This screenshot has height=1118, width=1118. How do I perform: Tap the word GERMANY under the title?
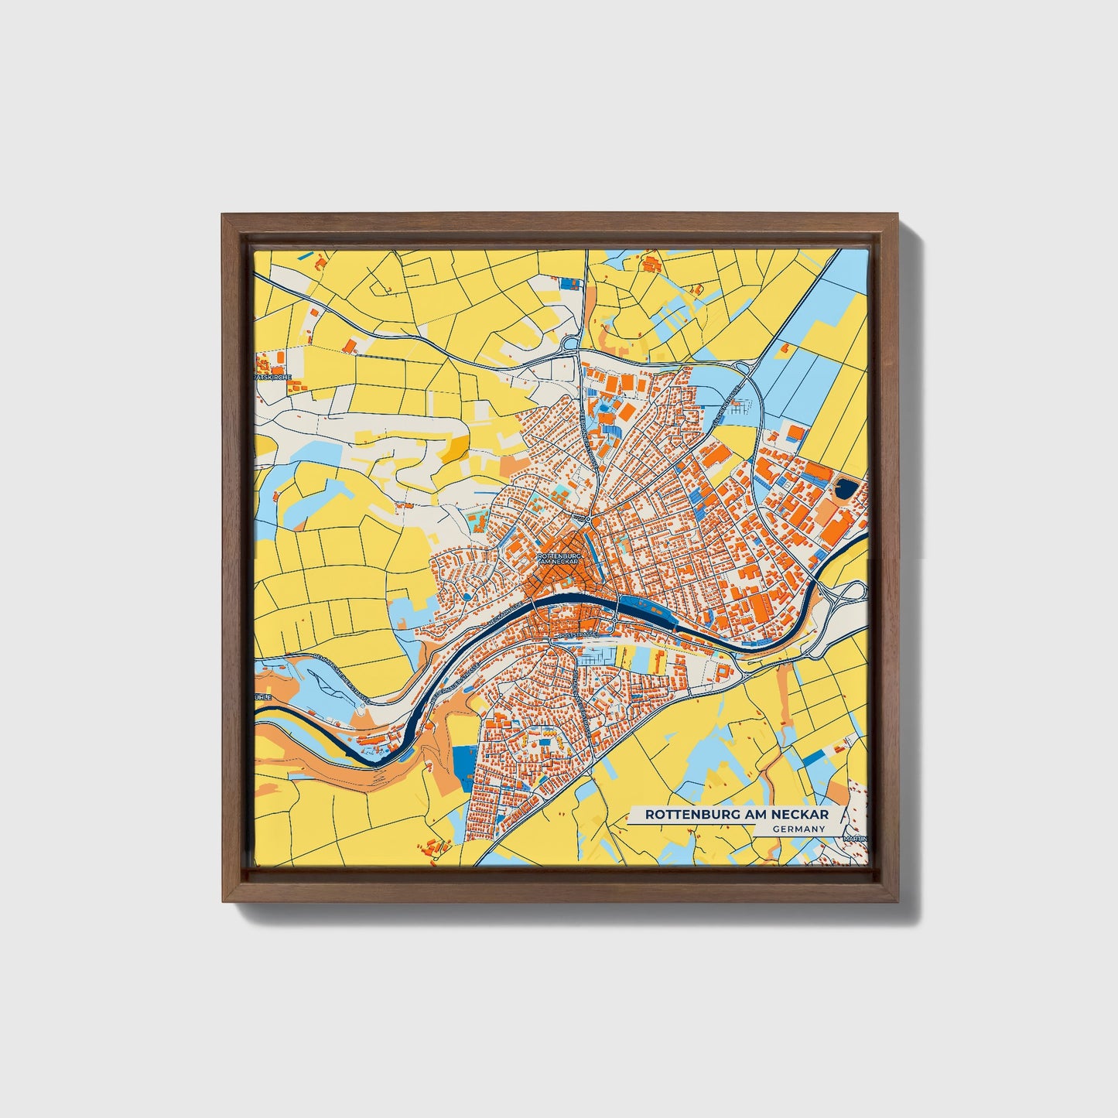798,829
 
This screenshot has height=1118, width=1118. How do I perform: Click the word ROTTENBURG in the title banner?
688,815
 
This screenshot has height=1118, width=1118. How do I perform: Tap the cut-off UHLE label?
264,697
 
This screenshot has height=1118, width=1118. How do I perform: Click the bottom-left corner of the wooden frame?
223,901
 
